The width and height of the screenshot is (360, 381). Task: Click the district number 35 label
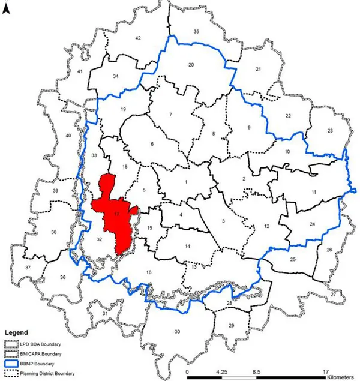point(196,31)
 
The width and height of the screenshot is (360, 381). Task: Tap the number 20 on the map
point(191,64)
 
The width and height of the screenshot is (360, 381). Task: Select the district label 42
point(137,38)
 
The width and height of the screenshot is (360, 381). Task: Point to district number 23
point(329,131)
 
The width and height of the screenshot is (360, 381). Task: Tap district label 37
point(28,267)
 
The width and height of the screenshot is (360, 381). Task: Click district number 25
point(293,259)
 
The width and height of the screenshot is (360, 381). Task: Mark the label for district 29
point(231,325)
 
